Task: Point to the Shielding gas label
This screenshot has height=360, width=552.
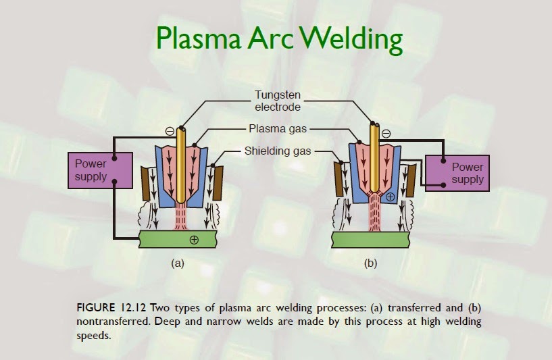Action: [x=277, y=151]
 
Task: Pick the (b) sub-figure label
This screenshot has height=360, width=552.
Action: [x=370, y=264]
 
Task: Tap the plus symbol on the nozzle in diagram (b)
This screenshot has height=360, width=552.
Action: [x=391, y=197]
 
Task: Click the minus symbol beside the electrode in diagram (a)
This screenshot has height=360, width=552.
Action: [x=169, y=130]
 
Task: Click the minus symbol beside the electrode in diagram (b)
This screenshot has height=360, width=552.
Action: [x=386, y=134]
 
